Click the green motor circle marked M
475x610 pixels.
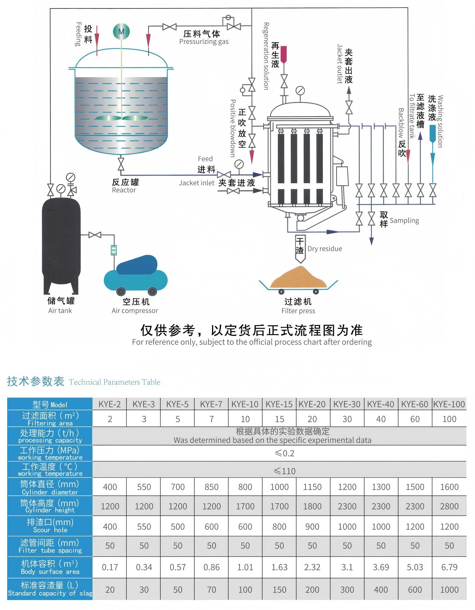point(121,32)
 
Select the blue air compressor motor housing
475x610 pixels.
point(137,265)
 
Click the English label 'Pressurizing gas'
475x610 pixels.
point(204,42)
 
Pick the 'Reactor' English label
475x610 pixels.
point(124,190)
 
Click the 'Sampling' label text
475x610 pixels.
point(404,221)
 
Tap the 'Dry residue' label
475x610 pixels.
point(325,249)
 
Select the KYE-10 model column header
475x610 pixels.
point(245,404)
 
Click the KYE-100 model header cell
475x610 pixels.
point(449,404)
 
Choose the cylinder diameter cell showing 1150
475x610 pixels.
point(312,487)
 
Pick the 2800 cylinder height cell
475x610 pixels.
point(449,506)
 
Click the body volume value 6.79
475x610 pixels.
point(449,567)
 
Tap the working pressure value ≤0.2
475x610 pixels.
point(284,453)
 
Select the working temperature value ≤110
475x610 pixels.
point(284,471)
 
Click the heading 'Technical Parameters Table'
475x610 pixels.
point(114,382)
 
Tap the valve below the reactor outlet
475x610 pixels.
point(121,164)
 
